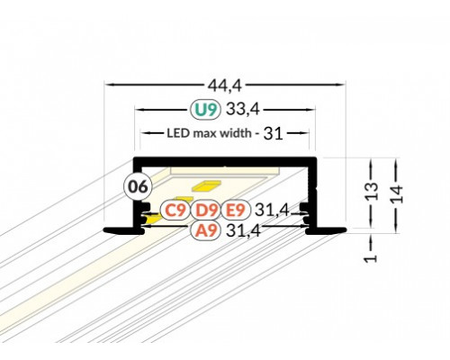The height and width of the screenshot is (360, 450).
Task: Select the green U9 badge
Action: point(206,111)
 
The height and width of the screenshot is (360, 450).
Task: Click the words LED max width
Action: point(210,135)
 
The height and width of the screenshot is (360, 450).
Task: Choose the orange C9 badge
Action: point(175,211)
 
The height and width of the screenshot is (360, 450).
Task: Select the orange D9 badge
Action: point(206,211)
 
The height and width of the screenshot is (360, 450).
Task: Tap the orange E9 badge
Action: point(236,211)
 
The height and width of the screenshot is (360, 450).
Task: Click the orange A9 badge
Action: point(206,230)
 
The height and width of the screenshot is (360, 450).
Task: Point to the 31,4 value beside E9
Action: point(271,211)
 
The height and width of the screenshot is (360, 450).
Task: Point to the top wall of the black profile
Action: point(225,161)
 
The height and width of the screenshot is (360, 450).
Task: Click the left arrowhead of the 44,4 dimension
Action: point(109,84)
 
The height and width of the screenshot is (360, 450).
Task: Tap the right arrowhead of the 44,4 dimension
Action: point(344,84)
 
